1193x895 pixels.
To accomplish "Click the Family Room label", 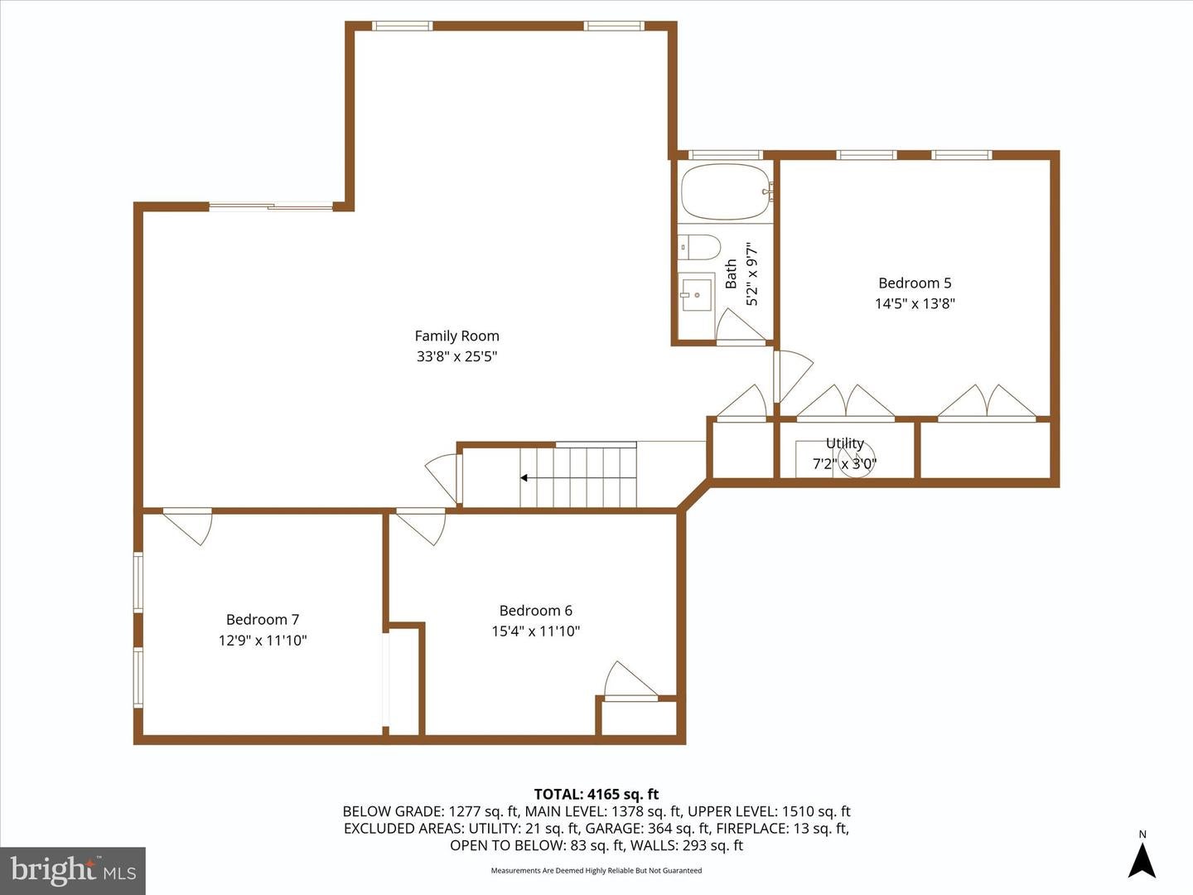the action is (x=456, y=336).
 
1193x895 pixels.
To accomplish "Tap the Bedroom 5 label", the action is (x=915, y=283).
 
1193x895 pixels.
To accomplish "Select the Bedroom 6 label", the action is (x=535, y=610).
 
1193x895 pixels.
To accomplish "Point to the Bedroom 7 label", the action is (x=263, y=619).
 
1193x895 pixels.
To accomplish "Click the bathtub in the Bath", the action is (x=725, y=191).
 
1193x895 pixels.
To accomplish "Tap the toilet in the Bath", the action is (x=698, y=247).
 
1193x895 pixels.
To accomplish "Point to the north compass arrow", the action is (x=1142, y=861).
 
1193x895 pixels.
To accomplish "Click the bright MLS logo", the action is (x=73, y=870).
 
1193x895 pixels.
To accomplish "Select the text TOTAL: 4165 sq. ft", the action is (x=596, y=794).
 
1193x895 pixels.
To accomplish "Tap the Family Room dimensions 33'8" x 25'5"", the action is (x=456, y=356).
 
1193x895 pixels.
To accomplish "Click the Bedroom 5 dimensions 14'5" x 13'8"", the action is (x=915, y=303).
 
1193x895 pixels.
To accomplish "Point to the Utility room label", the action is (x=844, y=443).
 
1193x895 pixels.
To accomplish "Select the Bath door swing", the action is (x=741, y=326).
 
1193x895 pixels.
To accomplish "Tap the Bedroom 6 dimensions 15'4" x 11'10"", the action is (x=535, y=631).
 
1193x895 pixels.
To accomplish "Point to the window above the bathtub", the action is (x=725, y=155).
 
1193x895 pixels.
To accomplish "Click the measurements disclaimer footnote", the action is (x=596, y=870).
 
